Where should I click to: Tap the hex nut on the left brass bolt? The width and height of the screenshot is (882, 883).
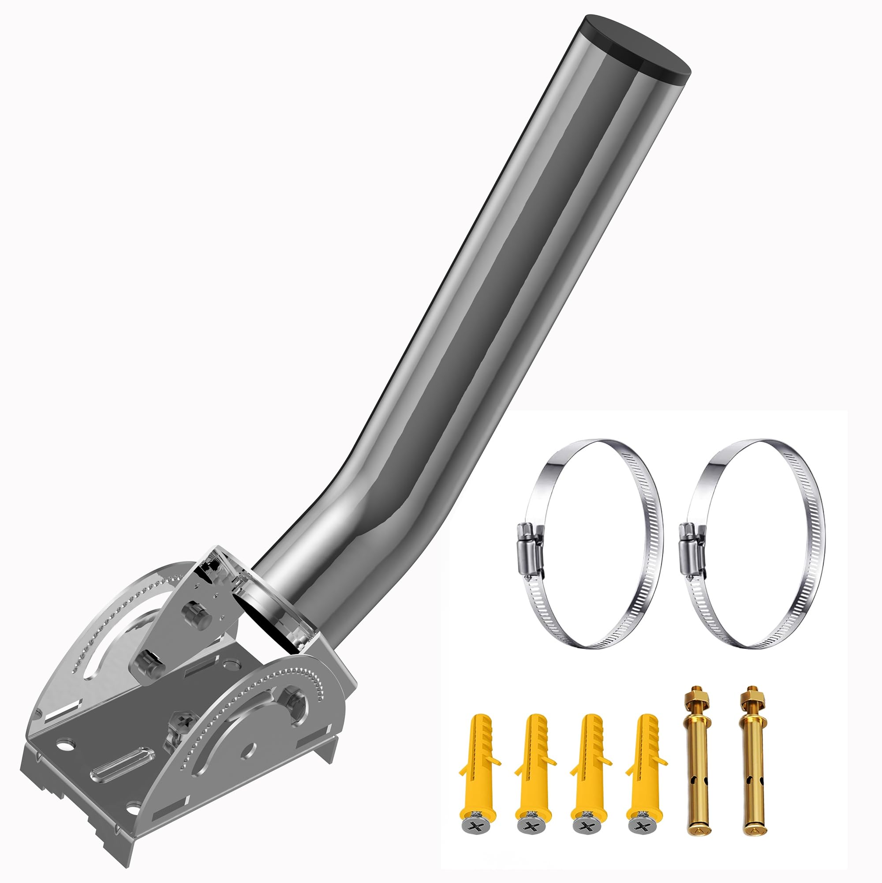coord(695,709)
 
